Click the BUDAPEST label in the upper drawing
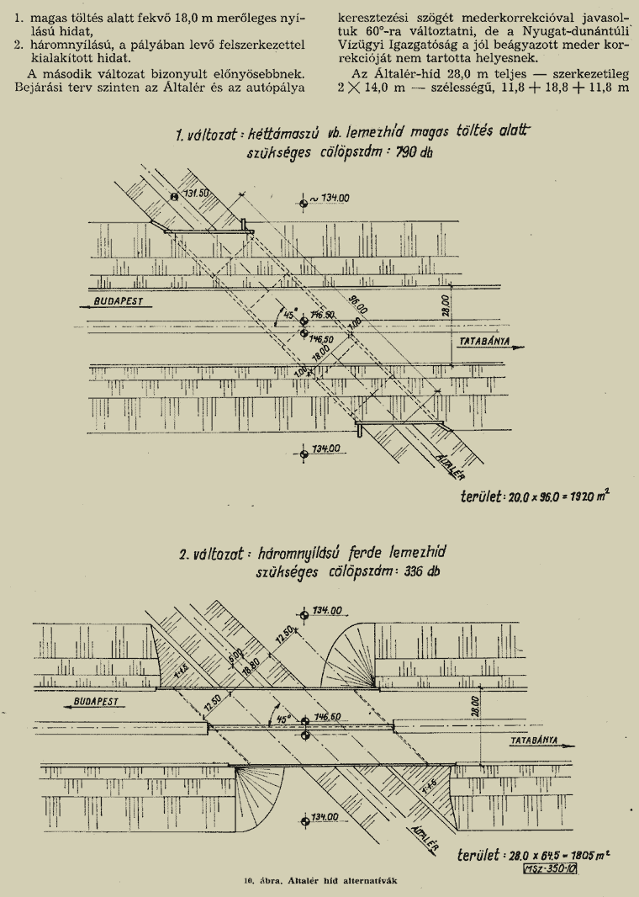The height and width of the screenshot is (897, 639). (119, 300)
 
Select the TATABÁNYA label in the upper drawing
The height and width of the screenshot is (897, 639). (486, 342)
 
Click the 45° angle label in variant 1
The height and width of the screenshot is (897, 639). (290, 315)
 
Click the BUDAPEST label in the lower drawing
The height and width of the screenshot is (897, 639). (94, 699)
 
